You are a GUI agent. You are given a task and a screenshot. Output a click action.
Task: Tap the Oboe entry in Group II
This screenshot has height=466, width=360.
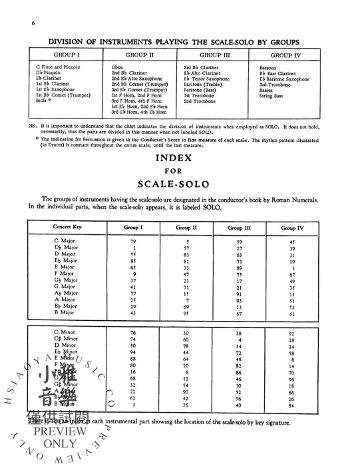coord(118,67)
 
